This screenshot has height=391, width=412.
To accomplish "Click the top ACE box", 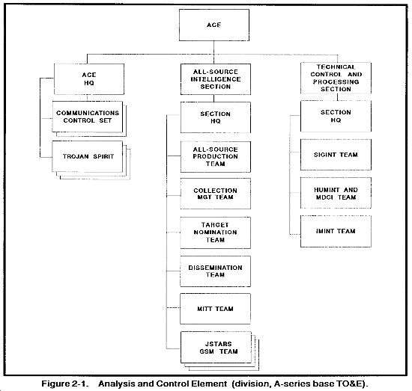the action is click(214, 25).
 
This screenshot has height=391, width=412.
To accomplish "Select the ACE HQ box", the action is click(89, 79).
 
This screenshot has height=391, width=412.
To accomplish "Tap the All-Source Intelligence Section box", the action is click(216, 79).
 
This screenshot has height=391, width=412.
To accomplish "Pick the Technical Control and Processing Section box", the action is click(336, 78).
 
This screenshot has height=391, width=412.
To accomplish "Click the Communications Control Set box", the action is click(87, 117).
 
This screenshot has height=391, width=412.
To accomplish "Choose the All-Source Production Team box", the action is click(216, 157).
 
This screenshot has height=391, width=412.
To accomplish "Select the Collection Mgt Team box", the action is click(216, 194).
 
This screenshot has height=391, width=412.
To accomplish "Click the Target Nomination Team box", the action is click(216, 233).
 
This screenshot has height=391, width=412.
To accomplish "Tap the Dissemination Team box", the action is click(215, 271).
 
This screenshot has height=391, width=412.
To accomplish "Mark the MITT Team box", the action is click(215, 309).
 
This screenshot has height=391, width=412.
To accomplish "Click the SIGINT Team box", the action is click(336, 155).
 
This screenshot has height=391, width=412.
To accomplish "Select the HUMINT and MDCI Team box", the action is click(336, 193).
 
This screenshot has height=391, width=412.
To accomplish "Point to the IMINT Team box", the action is click(336, 231).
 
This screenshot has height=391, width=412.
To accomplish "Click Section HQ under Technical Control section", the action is click(336, 116).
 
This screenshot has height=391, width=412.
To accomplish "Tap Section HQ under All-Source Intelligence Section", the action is click(216, 117).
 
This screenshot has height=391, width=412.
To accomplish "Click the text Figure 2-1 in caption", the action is click(64, 384).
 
